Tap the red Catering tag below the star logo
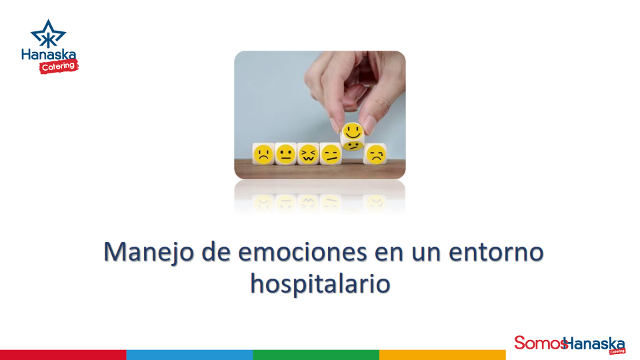click(x=58, y=66)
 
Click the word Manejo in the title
click(x=149, y=253)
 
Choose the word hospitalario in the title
click(x=320, y=283)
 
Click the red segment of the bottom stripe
click(x=63, y=355)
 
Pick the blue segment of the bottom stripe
click(x=189, y=355)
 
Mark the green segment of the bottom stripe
click(x=316, y=355)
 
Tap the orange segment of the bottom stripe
click(x=443, y=355)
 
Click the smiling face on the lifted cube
click(x=352, y=131)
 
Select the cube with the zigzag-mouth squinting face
click(x=307, y=155)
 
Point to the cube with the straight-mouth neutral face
click(x=285, y=155)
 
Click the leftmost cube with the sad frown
click(x=263, y=155)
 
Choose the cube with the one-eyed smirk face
click(x=330, y=155)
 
